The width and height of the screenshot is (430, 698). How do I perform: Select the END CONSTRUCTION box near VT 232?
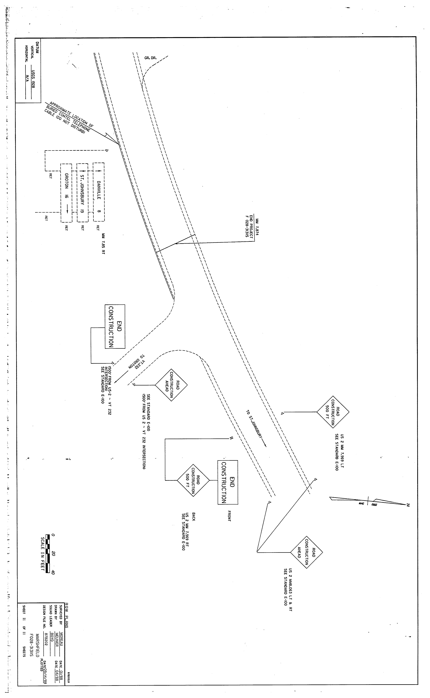click(x=115, y=327)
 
